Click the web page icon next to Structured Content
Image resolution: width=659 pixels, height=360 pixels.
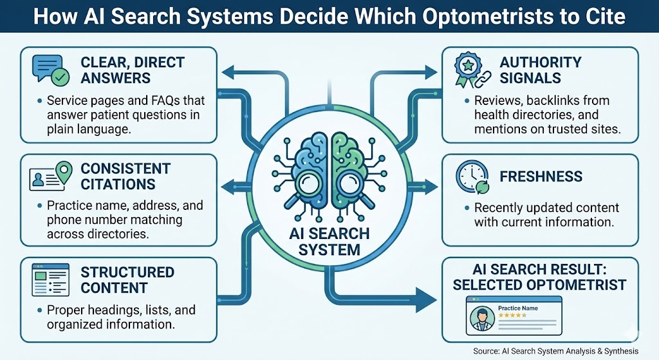pos(50,279)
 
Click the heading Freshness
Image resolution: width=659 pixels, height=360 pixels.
pos(541,176)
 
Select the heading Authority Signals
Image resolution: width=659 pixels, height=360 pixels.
pos(541,70)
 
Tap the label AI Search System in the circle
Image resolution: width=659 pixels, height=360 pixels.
pos(329,242)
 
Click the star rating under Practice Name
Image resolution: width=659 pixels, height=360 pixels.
pos(512,315)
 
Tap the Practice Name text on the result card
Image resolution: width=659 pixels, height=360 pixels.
pos(518,308)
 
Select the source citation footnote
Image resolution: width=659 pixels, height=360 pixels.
pos(555,351)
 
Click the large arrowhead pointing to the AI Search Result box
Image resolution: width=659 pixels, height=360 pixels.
pos(426,300)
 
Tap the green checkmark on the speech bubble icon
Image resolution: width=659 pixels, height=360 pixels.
pos(60,77)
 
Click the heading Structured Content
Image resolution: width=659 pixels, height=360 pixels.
pos(127,280)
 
